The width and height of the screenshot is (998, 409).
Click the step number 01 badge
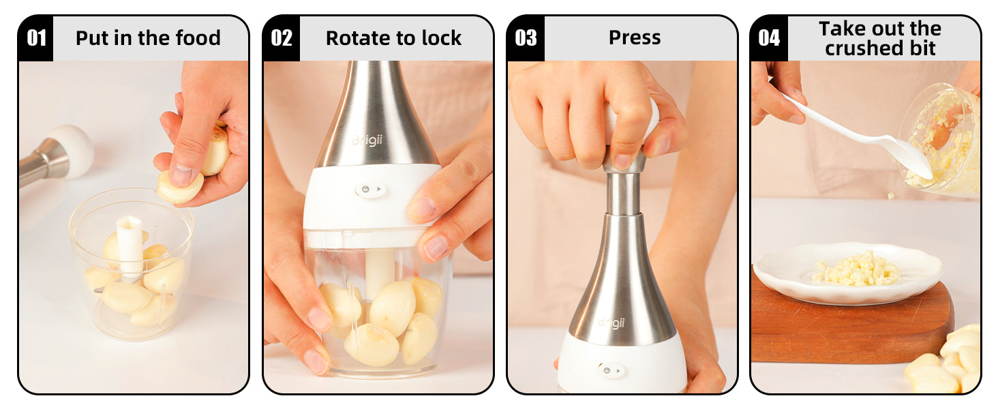tap(35, 38)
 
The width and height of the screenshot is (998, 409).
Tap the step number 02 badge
tap(281, 38)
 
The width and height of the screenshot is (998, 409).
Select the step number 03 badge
tap(526, 38)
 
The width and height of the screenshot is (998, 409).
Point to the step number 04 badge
tap(769, 38)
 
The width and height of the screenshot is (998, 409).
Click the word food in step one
tap(198, 38)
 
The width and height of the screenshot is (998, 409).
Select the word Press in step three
tap(635, 37)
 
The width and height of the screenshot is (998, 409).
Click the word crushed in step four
tap(864, 48)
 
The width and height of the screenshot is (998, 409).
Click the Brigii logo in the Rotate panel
tap(367, 140)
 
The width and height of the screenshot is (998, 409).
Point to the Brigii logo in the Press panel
tap(612, 322)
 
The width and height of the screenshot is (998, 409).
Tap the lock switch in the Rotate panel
tap(370, 190)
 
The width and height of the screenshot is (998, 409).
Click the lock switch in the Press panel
tap(611, 370)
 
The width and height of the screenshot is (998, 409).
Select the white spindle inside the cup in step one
tap(130, 245)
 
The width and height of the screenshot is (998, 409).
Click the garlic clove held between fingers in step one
tap(179, 187)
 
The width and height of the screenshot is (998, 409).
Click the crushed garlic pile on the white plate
tap(856, 269)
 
